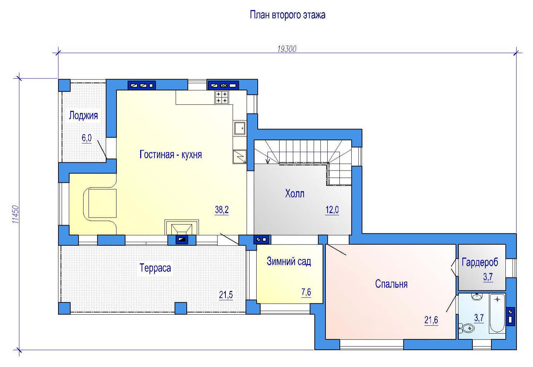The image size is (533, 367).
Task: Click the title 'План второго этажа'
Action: click(x=287, y=15)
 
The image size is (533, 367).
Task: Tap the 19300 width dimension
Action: click(x=287, y=49)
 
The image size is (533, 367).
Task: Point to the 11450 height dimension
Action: click(x=15, y=214)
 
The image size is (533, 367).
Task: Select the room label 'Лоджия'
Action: click(x=83, y=115)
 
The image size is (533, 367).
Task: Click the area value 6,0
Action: click(x=87, y=138)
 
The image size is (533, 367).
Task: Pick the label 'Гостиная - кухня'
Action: click(x=171, y=154)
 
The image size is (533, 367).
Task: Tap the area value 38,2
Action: click(x=222, y=210)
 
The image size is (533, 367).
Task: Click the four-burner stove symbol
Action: click(x=222, y=97)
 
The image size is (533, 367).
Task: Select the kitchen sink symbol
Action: click(x=239, y=128)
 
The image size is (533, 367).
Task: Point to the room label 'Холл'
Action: click(x=295, y=194)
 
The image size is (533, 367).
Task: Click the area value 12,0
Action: click(x=332, y=210)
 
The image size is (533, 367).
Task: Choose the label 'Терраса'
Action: click(x=155, y=268)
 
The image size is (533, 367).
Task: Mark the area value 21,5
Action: click(x=226, y=295)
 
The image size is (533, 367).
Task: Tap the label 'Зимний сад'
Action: click(x=289, y=261)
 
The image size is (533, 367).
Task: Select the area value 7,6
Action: click(x=306, y=292)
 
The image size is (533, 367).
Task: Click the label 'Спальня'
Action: click(x=391, y=284)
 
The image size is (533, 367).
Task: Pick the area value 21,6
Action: click(x=431, y=320)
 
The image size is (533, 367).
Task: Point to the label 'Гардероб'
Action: click(x=480, y=262)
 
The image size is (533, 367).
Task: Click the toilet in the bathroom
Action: click(x=467, y=328)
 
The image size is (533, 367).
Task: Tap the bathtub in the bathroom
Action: click(x=497, y=313)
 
